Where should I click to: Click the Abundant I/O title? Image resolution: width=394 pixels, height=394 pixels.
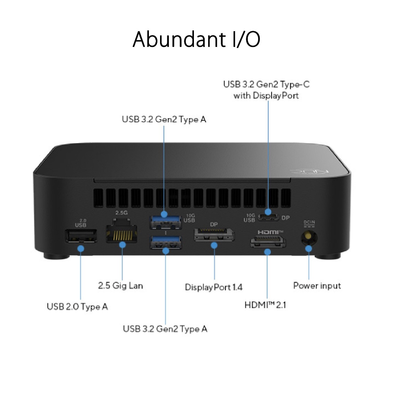point(196,39)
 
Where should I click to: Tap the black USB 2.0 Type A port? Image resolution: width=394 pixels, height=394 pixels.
point(81,236)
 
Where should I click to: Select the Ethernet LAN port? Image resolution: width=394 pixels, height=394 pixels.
point(122,231)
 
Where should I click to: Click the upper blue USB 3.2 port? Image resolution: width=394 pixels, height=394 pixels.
point(165,222)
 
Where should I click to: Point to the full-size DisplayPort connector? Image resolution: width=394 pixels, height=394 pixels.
point(214,235)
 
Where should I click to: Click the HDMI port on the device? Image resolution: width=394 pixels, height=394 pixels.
point(268,242)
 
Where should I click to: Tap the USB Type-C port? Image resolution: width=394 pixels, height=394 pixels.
point(268,217)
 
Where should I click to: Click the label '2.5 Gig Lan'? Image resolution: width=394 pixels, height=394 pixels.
point(120,286)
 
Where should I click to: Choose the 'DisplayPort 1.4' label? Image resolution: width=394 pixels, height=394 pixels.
point(214,287)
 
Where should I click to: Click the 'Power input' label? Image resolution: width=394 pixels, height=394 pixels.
point(317,286)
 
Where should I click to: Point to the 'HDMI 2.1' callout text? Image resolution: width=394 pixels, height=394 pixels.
point(265,305)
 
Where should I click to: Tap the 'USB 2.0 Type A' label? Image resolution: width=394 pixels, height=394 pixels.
point(77,307)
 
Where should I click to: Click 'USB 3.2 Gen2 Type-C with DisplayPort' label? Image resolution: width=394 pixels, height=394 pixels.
point(266,90)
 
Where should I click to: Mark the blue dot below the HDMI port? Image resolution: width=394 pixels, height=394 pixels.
point(268,252)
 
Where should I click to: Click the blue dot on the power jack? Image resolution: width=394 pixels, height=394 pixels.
point(309,249)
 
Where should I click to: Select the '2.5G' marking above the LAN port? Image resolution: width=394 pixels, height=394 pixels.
point(122,213)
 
